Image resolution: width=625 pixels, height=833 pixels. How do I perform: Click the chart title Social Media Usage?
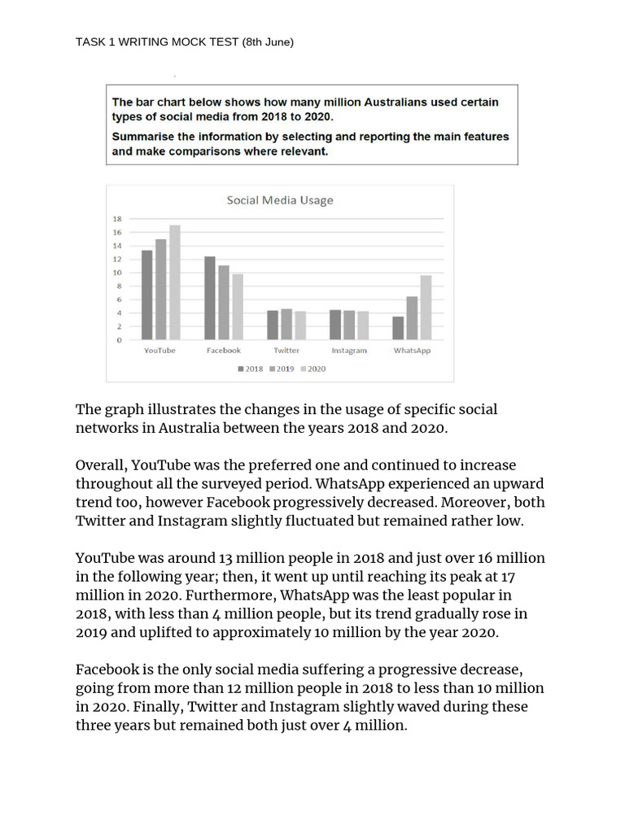[279, 200]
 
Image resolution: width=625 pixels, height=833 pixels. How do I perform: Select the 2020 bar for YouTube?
[174, 282]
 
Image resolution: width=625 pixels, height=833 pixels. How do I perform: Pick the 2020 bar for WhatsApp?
[425, 307]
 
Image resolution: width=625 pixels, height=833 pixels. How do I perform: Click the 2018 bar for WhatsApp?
[398, 328]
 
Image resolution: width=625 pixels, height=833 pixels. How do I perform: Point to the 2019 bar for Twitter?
[286, 324]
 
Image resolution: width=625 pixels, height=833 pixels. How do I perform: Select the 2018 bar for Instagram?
[335, 325]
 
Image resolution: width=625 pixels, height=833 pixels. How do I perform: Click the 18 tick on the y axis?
[117, 219]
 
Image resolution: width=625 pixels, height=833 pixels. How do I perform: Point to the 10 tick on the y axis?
[117, 273]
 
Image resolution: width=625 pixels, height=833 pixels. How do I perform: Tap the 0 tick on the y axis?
[119, 340]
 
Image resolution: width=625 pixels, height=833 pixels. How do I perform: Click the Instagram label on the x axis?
[349, 351]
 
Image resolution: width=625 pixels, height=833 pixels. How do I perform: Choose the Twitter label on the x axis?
[286, 351]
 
